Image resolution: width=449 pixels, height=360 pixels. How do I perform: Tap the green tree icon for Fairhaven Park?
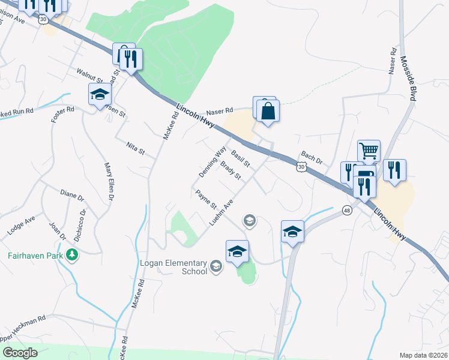(73, 254)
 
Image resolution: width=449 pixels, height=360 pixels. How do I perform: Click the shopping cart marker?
(369, 150)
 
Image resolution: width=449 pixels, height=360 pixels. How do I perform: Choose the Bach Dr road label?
(312, 158)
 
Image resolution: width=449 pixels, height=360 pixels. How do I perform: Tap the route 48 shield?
(347, 210)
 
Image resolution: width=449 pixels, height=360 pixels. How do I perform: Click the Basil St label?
(240, 158)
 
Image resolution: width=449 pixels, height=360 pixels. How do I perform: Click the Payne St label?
(206, 198)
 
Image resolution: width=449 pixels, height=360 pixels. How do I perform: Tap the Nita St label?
(136, 148)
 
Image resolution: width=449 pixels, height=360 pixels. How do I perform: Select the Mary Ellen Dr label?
(109, 181)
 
